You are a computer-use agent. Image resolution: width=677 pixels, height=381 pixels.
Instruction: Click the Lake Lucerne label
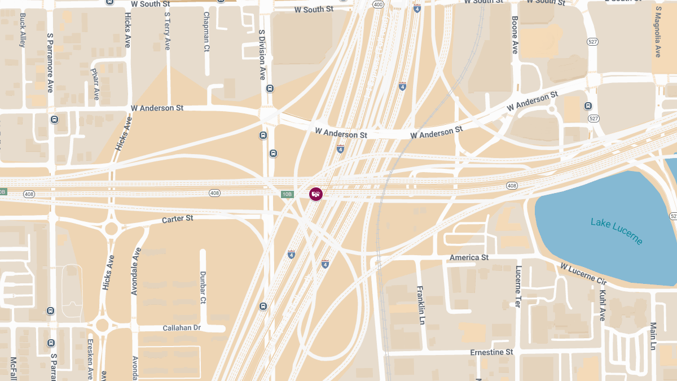(617, 231)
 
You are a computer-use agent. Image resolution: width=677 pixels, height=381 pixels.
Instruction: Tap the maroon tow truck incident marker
(316, 194)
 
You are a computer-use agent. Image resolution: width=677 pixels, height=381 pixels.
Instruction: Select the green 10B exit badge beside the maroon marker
(287, 195)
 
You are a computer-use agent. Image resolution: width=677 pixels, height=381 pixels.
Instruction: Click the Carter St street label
(178, 218)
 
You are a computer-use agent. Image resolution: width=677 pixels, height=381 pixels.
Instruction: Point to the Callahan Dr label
(182, 328)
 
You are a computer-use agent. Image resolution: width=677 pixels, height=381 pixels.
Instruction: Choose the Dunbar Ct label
(203, 287)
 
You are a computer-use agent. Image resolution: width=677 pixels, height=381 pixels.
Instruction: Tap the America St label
(469, 258)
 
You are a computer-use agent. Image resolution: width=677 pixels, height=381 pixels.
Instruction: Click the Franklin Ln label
(420, 305)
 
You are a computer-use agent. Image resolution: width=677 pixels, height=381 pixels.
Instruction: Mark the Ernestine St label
(491, 352)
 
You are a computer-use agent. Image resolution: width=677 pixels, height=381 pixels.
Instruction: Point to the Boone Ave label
(515, 35)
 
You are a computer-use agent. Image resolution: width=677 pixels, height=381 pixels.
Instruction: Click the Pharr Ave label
(94, 84)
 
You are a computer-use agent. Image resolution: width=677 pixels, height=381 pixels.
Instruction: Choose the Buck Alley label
(23, 30)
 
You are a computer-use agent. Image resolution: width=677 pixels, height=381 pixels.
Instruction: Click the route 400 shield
(378, 5)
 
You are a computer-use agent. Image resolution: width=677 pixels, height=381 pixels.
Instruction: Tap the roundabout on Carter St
(111, 229)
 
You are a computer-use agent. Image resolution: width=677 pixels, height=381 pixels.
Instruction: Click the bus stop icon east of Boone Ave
(588, 106)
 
